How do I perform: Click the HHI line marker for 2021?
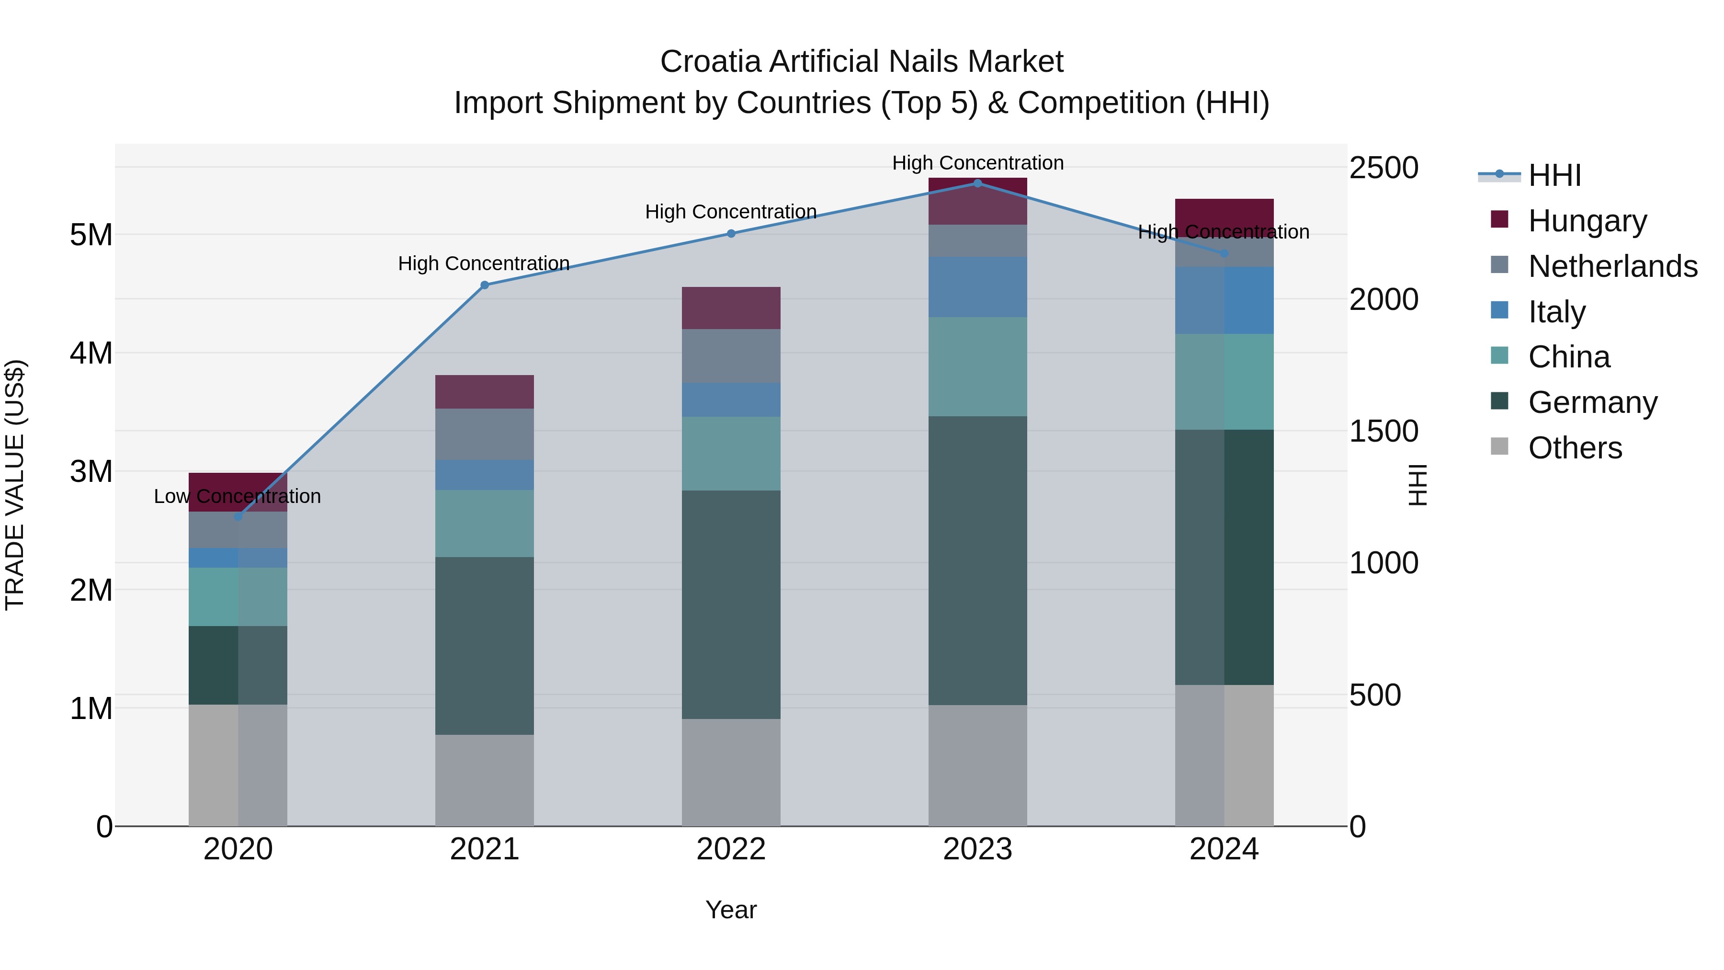coord(485,285)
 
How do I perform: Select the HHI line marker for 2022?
coord(731,234)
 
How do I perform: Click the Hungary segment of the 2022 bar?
coord(731,308)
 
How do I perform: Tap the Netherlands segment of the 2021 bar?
coord(485,434)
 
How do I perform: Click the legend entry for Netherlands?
coord(1612,266)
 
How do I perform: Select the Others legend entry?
coord(1575,448)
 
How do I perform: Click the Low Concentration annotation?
coord(238,496)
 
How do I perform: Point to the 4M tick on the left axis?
coord(91,353)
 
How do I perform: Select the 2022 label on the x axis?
coord(731,849)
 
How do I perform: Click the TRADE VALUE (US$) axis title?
coord(15,485)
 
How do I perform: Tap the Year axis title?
coord(731,910)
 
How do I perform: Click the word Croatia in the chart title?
coord(711,62)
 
